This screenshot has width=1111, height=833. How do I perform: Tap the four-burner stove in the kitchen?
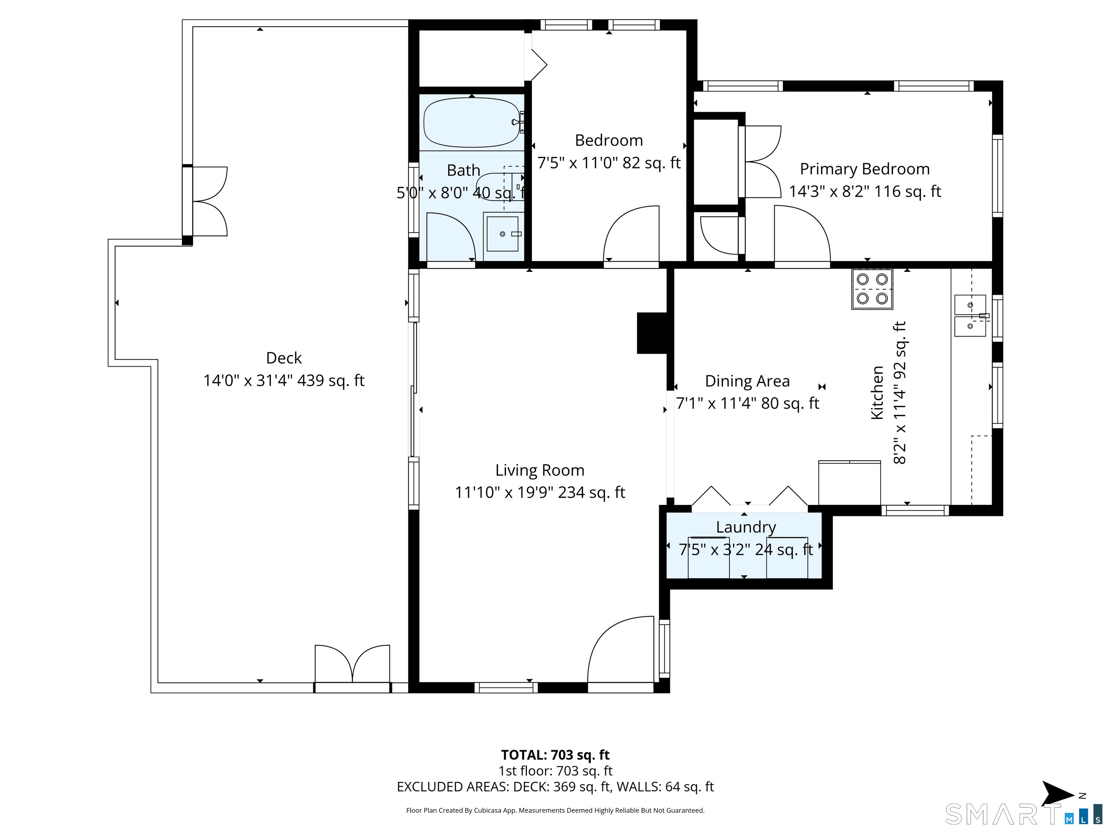pos(872,289)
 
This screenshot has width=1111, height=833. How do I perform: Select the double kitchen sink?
pos(970,315)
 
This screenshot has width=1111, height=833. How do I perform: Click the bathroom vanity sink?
pos(502,234)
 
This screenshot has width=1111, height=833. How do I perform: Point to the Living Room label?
pos(540,470)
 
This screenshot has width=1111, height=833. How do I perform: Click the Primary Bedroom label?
pos(864,169)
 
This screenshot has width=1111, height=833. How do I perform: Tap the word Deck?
pos(284,358)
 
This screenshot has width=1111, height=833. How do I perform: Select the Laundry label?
pos(746,527)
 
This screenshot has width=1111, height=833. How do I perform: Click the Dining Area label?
pos(748,381)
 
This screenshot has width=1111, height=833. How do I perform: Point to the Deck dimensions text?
pos(284,381)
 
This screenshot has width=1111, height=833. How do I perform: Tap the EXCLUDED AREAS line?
pos(555,787)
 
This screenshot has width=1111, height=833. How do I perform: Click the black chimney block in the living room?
pos(652,333)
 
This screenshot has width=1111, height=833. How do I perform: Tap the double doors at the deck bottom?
pos(352,664)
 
